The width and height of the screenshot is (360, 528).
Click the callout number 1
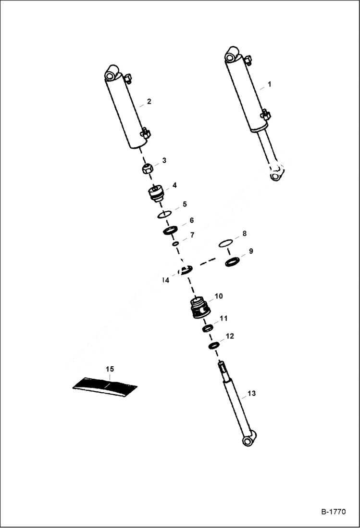pos(269,84)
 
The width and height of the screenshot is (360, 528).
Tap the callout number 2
pos(149,101)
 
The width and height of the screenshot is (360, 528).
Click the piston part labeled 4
pos(156,194)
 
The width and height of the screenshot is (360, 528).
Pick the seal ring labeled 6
pos(171,230)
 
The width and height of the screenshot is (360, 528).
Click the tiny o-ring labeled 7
pos(176,244)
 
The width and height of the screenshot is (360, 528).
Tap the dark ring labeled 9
pos(232,262)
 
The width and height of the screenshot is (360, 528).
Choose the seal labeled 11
pos(208,328)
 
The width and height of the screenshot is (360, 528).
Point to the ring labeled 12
pos(214,345)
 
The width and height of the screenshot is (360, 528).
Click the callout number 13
pos(251,393)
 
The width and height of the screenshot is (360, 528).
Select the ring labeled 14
pos(185,270)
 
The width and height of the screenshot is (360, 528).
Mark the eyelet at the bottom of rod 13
pos(248,440)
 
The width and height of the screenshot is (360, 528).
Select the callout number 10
pos(218,296)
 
